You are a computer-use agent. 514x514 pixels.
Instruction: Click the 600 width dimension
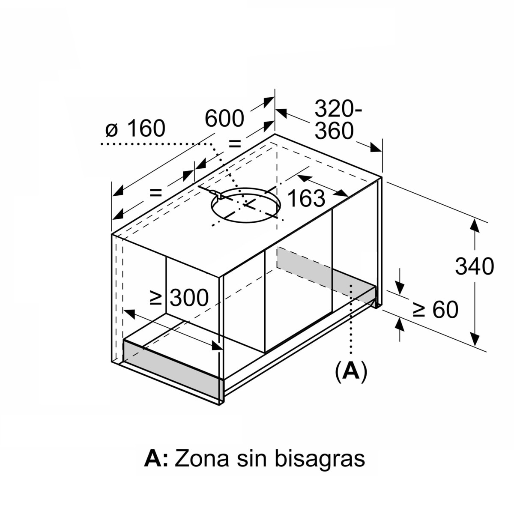pyautogui.click(x=224, y=118)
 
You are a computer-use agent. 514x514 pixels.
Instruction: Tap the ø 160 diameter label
pyautogui.click(x=135, y=128)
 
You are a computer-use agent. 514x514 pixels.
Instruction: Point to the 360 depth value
pyautogui.click(x=334, y=131)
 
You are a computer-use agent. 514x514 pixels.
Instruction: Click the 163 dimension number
pyautogui.click(x=307, y=198)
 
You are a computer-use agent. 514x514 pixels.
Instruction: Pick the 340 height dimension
pyautogui.click(x=475, y=266)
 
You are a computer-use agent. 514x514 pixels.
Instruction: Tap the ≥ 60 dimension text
pyautogui.click(x=435, y=309)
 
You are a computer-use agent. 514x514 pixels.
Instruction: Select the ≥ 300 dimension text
pyautogui.click(x=179, y=298)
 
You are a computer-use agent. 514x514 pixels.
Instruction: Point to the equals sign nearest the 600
pyautogui.click(x=235, y=144)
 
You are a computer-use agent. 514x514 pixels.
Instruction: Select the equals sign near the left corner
pyautogui.click(x=156, y=192)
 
